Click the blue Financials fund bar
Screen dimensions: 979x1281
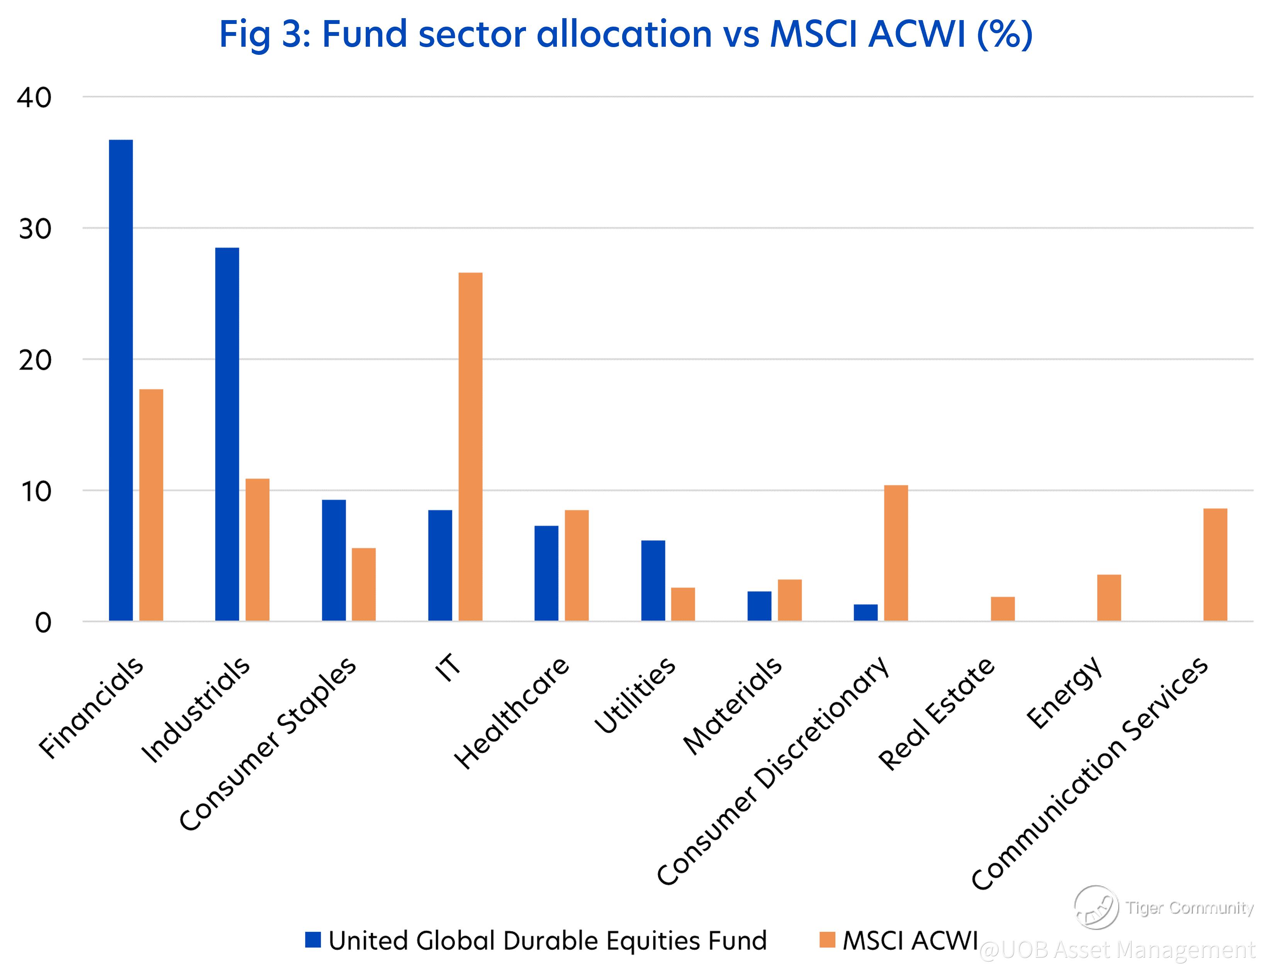pos(120,380)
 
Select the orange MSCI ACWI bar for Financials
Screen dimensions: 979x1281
pos(151,505)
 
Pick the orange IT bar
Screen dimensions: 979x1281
pos(470,446)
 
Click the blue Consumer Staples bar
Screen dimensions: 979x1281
pos(334,560)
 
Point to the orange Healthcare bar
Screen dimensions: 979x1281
pos(576,565)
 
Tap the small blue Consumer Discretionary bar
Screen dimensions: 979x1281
pos(865,613)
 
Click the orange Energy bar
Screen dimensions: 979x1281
pos(1108,598)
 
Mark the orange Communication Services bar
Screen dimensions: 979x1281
pos(1215,565)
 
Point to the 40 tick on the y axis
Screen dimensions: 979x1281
pos(34,97)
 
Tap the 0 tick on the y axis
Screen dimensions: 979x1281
pos(42,623)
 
